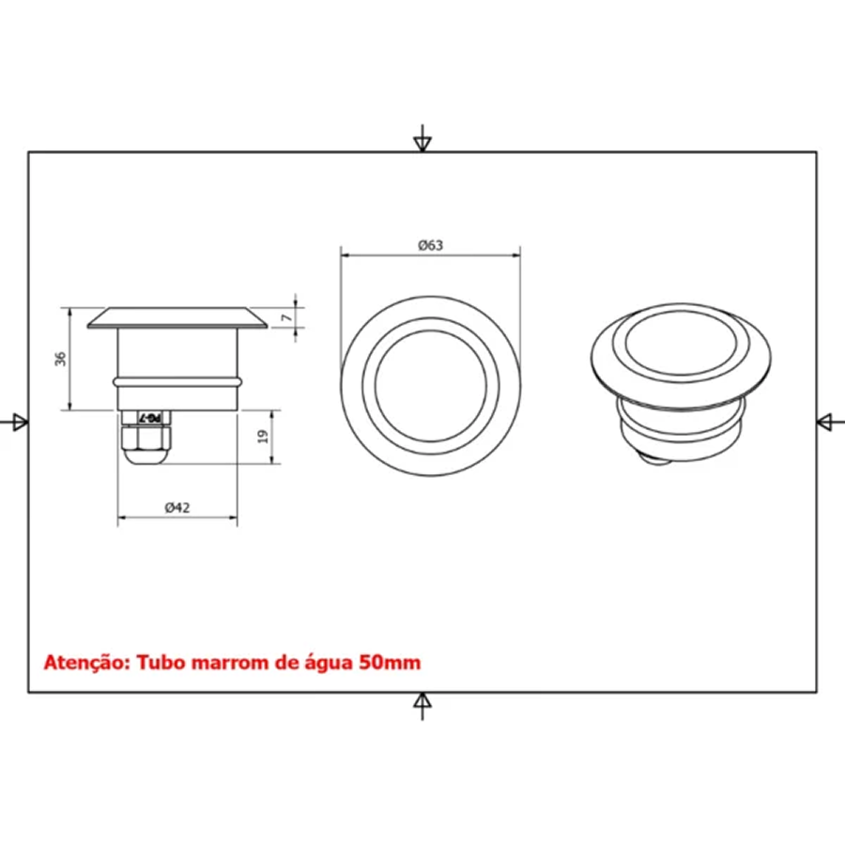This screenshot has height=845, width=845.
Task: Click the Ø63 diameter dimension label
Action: click(x=431, y=245)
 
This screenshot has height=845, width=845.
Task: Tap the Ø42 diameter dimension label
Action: click(x=177, y=508)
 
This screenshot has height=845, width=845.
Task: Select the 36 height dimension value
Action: click(x=60, y=359)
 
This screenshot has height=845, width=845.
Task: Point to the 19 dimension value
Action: click(x=263, y=436)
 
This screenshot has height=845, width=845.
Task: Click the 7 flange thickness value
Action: click(x=286, y=317)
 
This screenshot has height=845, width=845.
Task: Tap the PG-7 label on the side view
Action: click(x=150, y=417)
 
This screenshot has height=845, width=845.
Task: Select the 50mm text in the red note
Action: click(x=390, y=662)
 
